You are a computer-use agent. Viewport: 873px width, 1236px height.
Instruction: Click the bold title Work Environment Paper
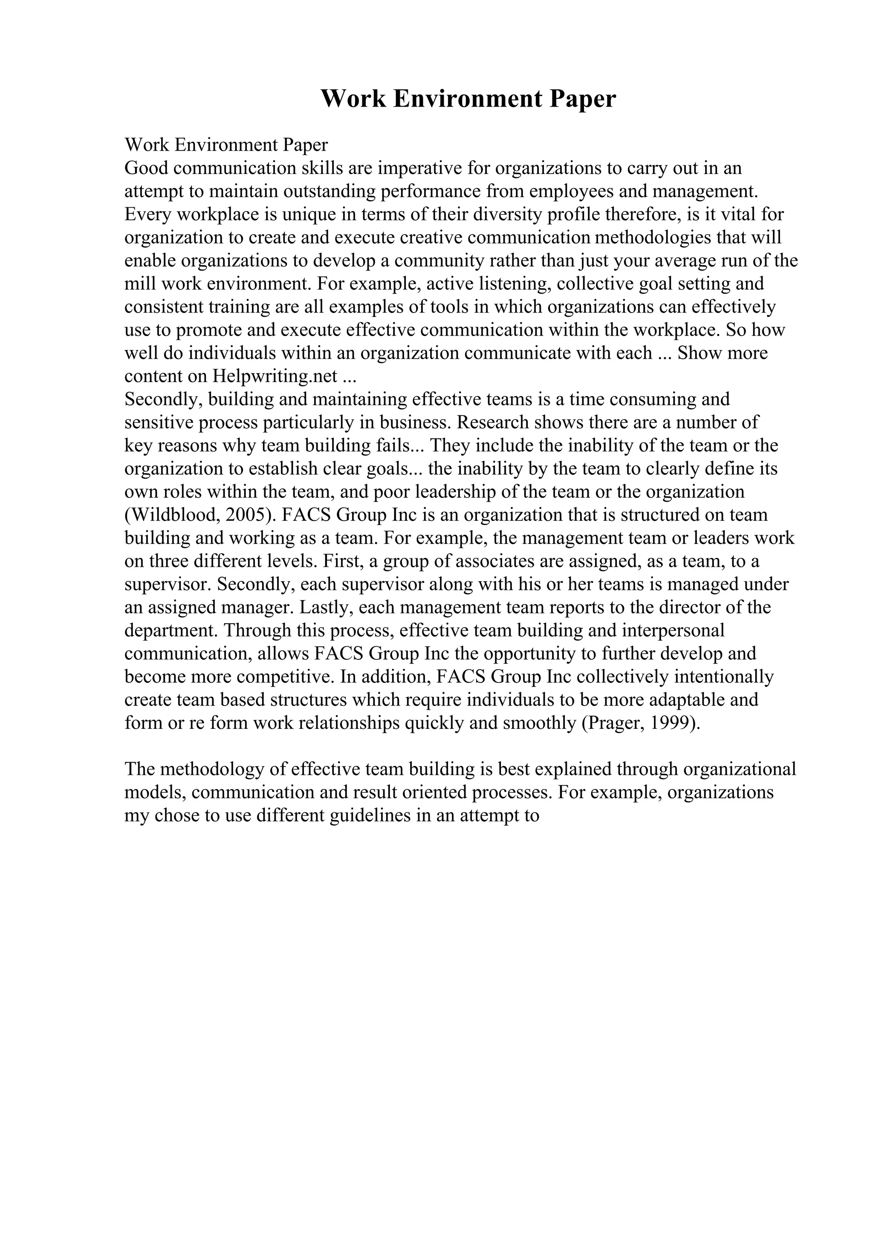[x=468, y=99]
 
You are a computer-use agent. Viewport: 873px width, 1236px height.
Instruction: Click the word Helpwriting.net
[x=275, y=376]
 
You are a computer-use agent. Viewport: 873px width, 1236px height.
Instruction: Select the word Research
[x=493, y=423]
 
